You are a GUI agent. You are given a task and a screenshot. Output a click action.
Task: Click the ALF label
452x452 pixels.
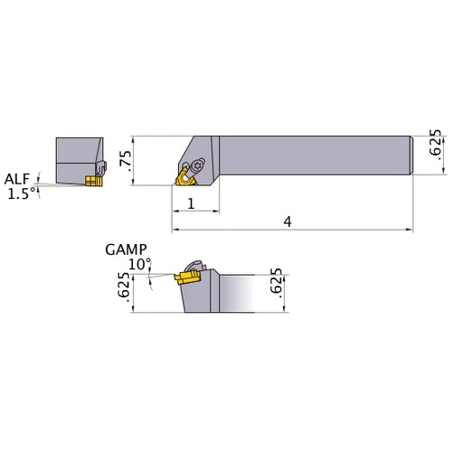pyautogui.click(x=16, y=178)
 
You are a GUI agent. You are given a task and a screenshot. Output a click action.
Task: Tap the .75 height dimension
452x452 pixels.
pyautogui.click(x=126, y=161)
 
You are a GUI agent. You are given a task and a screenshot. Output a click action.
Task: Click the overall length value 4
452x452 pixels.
pyautogui.click(x=287, y=222)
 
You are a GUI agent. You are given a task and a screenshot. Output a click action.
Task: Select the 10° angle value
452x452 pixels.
pyautogui.click(x=139, y=264)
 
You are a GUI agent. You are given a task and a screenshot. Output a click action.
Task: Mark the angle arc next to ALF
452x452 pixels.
pyautogui.click(x=38, y=185)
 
